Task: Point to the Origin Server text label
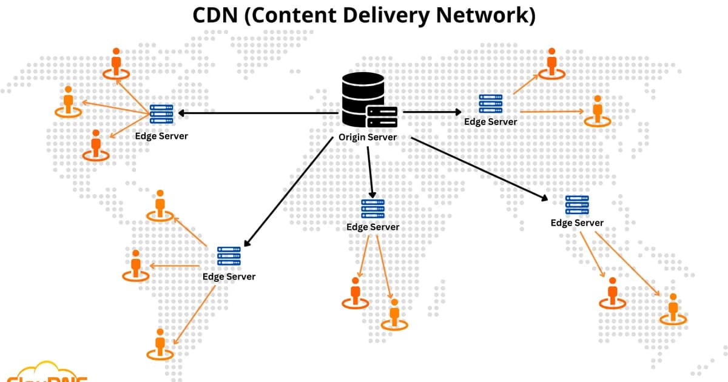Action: pos(368,137)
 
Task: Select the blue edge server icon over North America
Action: pos(161,114)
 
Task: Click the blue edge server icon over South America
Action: pos(229,257)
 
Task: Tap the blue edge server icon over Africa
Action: pos(372,208)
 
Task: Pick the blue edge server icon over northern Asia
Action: pos(490,104)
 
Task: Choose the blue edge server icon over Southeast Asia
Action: pos(577,205)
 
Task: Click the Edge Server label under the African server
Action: pos(372,227)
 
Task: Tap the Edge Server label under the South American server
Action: pos(229,276)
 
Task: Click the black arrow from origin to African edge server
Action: pos(369,172)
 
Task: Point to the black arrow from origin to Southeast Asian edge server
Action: pos(479,169)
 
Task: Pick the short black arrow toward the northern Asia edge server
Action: pos(432,112)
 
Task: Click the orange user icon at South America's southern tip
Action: pos(160,344)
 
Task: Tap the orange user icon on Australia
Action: pos(672,309)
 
